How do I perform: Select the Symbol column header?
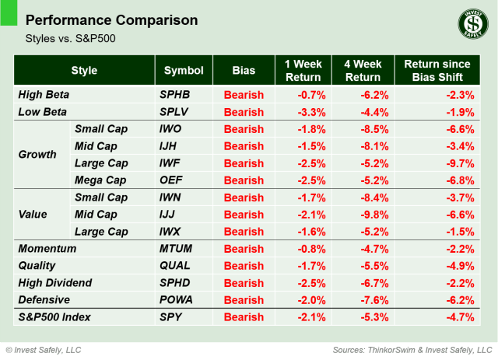[184, 71]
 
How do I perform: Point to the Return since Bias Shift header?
[438, 71]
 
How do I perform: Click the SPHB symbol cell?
[174, 95]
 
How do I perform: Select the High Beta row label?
[44, 95]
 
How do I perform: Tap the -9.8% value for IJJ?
[362, 215]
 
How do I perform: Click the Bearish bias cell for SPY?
[244, 317]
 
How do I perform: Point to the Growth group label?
[37, 154]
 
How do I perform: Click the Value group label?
[33, 215]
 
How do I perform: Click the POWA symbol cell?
[176, 300]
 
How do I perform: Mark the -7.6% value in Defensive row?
[362, 300]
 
